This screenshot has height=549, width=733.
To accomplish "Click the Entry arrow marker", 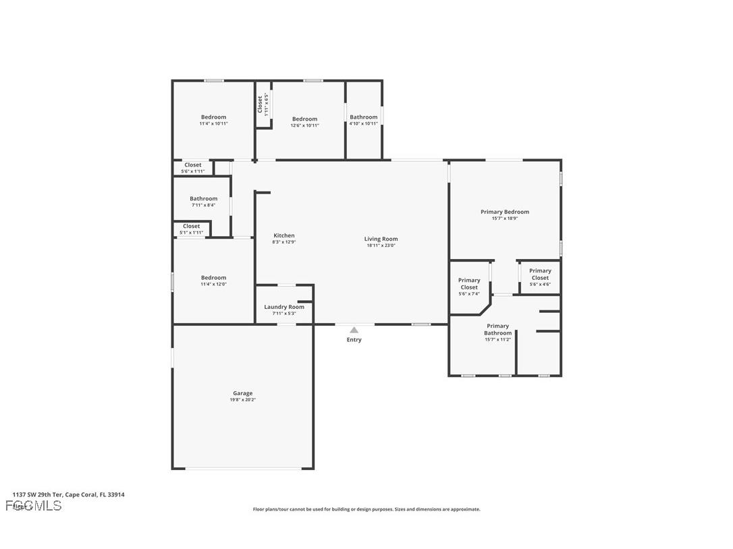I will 354,330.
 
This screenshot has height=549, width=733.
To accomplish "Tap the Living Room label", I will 381,239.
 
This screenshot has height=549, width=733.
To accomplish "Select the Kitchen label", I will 283,235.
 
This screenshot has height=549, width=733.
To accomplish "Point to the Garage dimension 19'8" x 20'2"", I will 242,400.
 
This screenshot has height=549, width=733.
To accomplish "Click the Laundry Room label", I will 283,307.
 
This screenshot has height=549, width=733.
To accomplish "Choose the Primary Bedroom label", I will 504,212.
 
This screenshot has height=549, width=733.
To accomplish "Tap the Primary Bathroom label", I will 497,329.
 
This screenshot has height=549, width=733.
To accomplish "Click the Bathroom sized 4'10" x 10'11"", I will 363,120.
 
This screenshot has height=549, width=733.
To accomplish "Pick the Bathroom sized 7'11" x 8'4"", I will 203,202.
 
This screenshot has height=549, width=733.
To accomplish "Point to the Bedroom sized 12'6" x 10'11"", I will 304,122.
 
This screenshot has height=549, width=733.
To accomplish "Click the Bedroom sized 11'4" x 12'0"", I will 213,281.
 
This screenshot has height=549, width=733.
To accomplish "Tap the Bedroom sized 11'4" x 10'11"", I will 213,120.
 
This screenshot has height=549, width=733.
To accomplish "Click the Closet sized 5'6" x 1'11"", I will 192,168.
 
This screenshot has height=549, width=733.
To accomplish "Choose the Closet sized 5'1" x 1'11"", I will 191,229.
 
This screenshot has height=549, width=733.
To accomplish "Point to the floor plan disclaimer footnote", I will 366,509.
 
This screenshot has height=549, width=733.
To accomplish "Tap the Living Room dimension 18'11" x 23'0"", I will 381,245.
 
